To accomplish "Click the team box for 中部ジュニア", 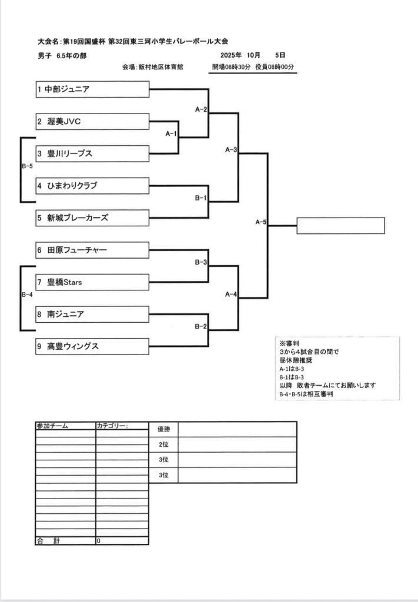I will pos(92,90).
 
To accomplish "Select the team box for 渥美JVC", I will pos(92,122).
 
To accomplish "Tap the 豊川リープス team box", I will pos(92,153).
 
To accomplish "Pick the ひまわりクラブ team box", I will pos(92,186).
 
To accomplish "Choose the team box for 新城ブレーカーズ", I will pos(92,218).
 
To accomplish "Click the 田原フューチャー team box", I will pos(92,250).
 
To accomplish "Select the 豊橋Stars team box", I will pos(92,283).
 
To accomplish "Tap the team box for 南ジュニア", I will pos(92,315).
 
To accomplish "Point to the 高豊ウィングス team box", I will pos(92,347).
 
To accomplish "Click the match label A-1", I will pos(171,134).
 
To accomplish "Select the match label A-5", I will pos(261,222).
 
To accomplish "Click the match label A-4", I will pos(230,295).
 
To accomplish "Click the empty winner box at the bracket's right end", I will pos(340,226).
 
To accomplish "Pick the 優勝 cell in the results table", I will pos(163,430).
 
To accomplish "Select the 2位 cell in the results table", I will pos(163,444).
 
